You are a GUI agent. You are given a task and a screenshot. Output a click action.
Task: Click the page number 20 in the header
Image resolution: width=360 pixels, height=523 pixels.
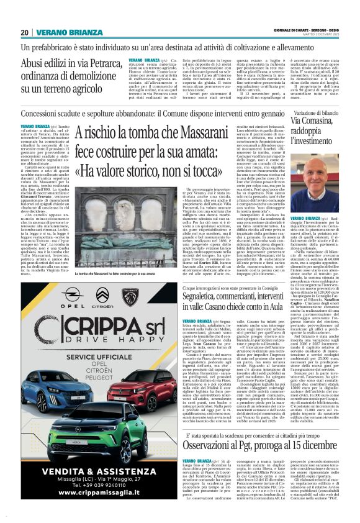(25, 33)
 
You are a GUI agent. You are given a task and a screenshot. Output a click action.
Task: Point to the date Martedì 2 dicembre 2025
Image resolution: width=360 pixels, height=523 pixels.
(323, 35)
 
